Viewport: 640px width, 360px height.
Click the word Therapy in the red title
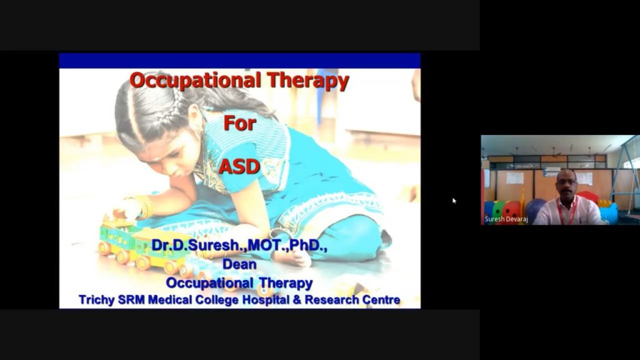(x=308, y=81)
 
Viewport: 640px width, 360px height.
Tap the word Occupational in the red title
(x=195, y=80)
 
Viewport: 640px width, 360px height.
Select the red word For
(x=239, y=123)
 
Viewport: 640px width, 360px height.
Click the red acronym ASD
(x=239, y=166)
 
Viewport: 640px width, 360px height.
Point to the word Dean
(x=239, y=264)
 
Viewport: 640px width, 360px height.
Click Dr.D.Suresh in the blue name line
(x=196, y=245)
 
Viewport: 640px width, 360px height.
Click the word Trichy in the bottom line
(x=97, y=300)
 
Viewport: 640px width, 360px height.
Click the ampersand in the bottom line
(x=297, y=300)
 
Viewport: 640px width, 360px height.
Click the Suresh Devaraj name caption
(x=506, y=219)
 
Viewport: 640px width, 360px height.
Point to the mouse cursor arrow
(x=454, y=201)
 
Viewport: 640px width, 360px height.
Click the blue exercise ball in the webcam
(x=535, y=209)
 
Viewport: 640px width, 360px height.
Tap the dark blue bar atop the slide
(x=239, y=61)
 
